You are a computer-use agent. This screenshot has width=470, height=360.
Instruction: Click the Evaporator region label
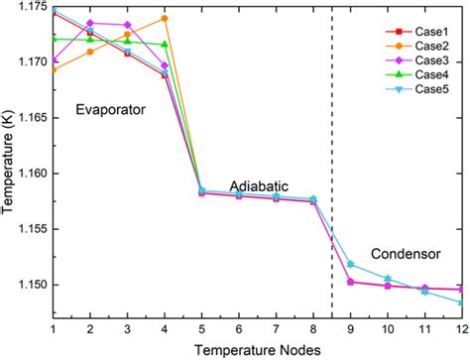point(110,110)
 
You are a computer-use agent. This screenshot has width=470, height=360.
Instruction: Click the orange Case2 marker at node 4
point(165,19)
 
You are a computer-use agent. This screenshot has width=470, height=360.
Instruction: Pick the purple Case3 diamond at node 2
point(90,23)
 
